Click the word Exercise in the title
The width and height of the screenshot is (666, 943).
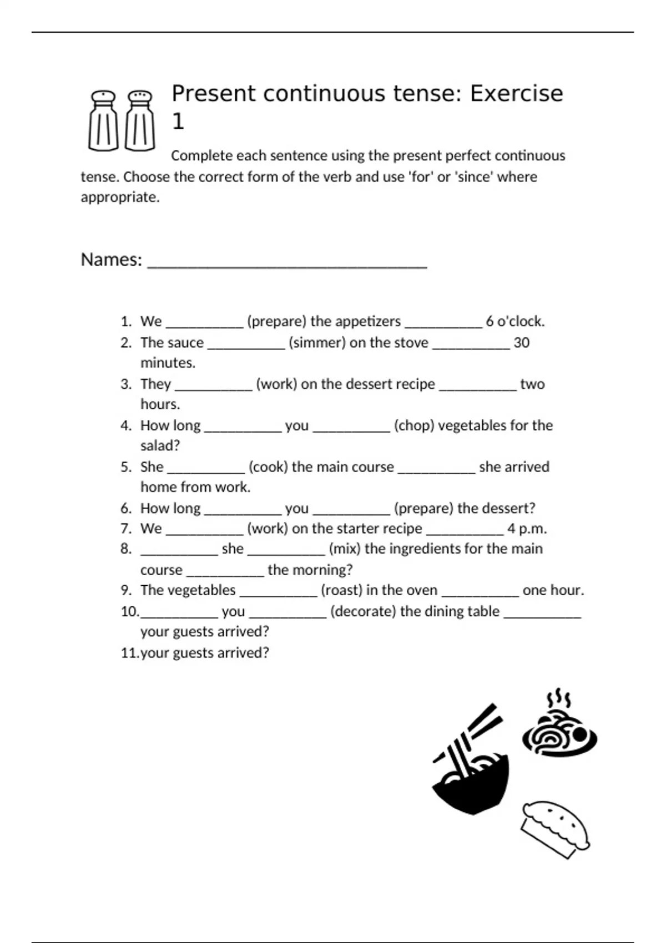516,93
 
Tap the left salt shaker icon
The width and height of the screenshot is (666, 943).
103,120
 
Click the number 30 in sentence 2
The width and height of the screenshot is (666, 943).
521,343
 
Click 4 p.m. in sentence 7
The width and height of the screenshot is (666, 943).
527,529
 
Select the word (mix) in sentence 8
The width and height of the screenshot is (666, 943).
345,549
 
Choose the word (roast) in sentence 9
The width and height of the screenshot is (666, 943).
341,590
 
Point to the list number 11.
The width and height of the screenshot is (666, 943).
129,653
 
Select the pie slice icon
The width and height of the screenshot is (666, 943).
555,829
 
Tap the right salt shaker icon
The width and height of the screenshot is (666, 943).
140,120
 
